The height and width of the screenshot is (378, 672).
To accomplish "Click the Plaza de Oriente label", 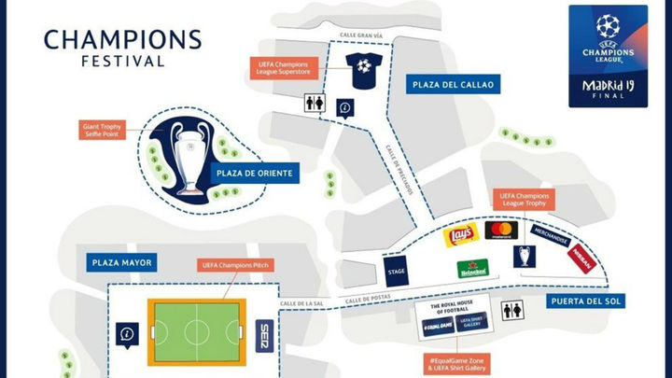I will pyautogui.click(x=255, y=173).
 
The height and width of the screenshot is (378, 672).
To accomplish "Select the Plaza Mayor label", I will pyautogui.click(x=122, y=262).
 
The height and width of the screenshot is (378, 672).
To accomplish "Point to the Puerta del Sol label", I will pyautogui.click(x=588, y=301).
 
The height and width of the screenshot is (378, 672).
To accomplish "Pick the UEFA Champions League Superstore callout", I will pyautogui.click(x=286, y=67).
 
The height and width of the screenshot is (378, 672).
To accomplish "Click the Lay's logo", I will pyautogui.click(x=460, y=235).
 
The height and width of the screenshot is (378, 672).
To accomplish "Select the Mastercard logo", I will pyautogui.click(x=502, y=231).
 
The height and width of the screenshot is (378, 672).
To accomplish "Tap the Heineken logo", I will pyautogui.click(x=472, y=269).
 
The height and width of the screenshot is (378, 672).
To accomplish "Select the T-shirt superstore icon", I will pyautogui.click(x=361, y=66).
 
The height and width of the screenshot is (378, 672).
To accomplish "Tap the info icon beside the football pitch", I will pyautogui.click(x=127, y=332).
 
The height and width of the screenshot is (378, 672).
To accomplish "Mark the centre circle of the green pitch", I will pyautogui.click(x=197, y=331).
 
